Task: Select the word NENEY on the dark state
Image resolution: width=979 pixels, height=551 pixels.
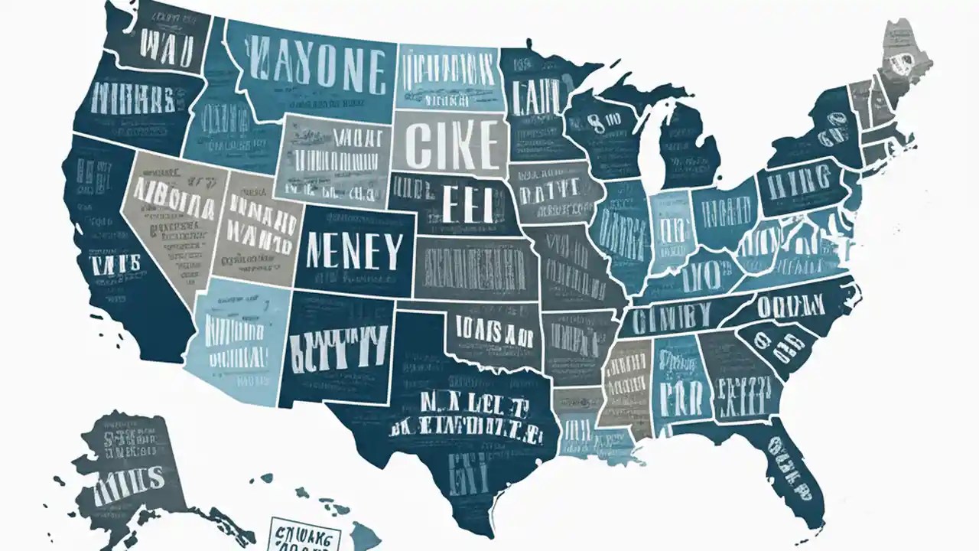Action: click(x=353, y=250)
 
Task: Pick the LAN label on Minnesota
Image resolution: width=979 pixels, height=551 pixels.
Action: click(x=535, y=96)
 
